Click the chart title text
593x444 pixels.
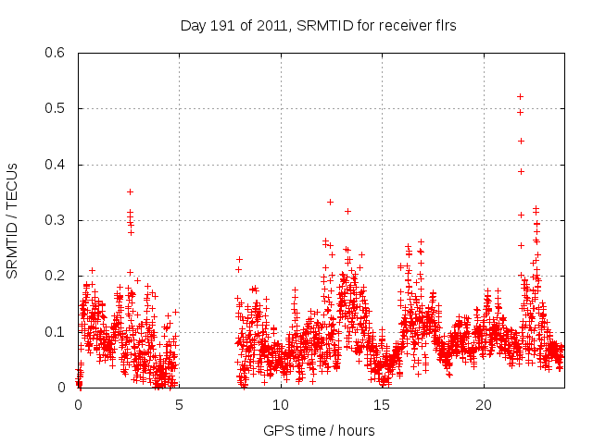(x=318, y=26)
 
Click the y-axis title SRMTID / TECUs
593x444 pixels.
(x=12, y=220)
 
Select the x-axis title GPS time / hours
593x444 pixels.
(x=319, y=430)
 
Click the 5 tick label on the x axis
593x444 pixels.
(x=180, y=405)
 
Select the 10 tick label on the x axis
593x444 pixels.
(x=281, y=405)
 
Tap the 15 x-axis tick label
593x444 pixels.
(x=383, y=405)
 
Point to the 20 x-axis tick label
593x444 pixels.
(x=484, y=405)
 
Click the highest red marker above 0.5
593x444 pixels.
(x=520, y=96)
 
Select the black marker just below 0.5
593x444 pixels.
(x=520, y=112)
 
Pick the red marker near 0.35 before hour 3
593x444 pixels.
(x=131, y=191)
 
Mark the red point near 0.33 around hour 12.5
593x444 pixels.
(x=330, y=202)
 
